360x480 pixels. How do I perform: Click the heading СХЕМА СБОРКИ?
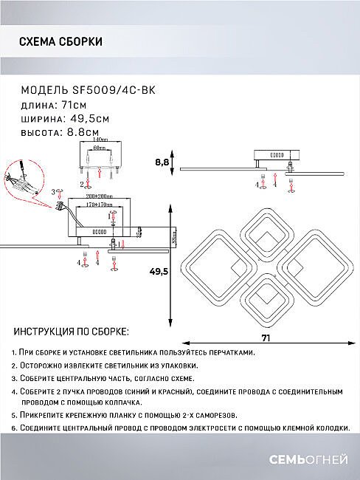click(60, 42)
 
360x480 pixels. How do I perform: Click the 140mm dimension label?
click(103, 140)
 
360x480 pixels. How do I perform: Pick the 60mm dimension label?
click(103, 148)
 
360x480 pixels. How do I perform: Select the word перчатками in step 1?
click(225, 353)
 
